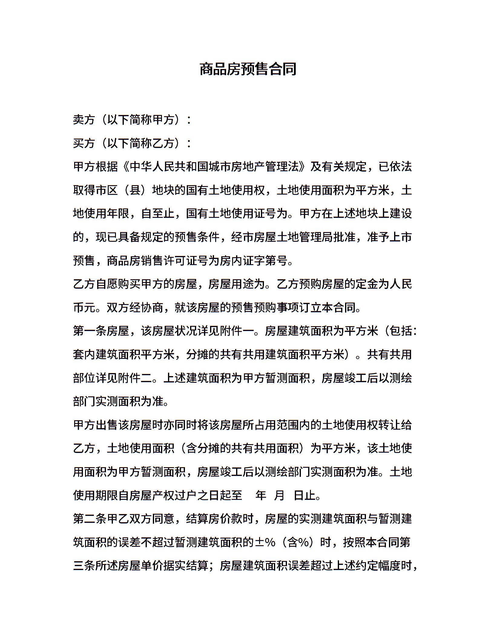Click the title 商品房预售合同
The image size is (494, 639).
coord(248,69)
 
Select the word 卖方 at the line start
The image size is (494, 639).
coord(84,120)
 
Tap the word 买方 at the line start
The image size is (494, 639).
coord(84,143)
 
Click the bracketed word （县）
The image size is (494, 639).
coord(135,190)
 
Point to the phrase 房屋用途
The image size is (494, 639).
coord(231,284)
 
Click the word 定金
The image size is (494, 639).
coord(367,284)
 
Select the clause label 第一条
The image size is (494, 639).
coord(90,331)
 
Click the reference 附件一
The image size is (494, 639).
coord(237,331)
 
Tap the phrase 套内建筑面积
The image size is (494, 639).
coord(107,354)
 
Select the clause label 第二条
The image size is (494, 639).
coord(90,519)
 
